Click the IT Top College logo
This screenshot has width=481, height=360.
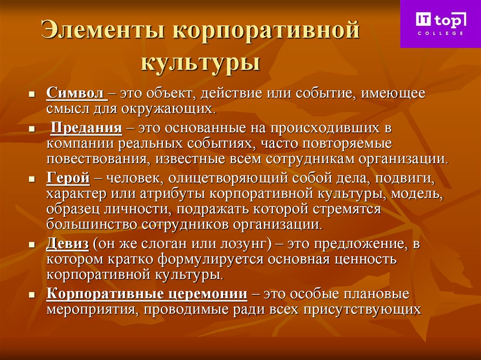pyautogui.click(x=440, y=23)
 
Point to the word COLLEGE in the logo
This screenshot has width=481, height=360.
pyautogui.click(x=440, y=34)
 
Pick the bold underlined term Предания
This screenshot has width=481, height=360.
pyautogui.click(x=87, y=128)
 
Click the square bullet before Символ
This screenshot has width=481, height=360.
pyautogui.click(x=32, y=94)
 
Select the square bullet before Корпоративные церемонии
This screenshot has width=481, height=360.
pyautogui.click(x=32, y=296)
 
